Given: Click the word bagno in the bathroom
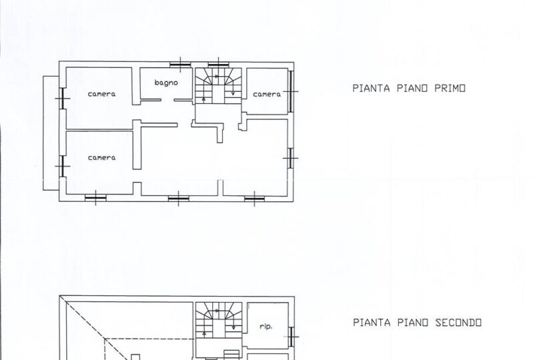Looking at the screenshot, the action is [x=166, y=83].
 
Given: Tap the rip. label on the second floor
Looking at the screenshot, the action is [x=265, y=326].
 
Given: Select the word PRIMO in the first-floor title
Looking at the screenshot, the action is [x=450, y=88].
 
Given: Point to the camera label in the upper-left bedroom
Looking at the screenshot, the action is [x=101, y=94].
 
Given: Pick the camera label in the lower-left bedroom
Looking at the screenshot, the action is [x=101, y=157].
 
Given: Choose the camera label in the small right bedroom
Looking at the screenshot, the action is [x=267, y=95].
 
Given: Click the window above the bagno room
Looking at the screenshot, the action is [x=181, y=65].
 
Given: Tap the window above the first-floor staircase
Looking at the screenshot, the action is [x=218, y=65].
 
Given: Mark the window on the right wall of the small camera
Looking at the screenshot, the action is [x=291, y=91].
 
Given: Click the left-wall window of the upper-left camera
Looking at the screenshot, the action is [x=62, y=99].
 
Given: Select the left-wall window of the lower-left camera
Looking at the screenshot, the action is [x=62, y=166].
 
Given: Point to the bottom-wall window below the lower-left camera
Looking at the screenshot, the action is [x=95, y=198].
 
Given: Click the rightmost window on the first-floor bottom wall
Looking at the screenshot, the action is [x=254, y=198].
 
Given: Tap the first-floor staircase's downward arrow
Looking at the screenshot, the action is [x=233, y=85].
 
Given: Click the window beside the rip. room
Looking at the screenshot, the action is [x=292, y=337].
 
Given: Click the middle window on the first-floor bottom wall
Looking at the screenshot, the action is [x=178, y=198].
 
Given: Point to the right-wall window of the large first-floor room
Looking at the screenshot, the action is [x=291, y=158].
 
